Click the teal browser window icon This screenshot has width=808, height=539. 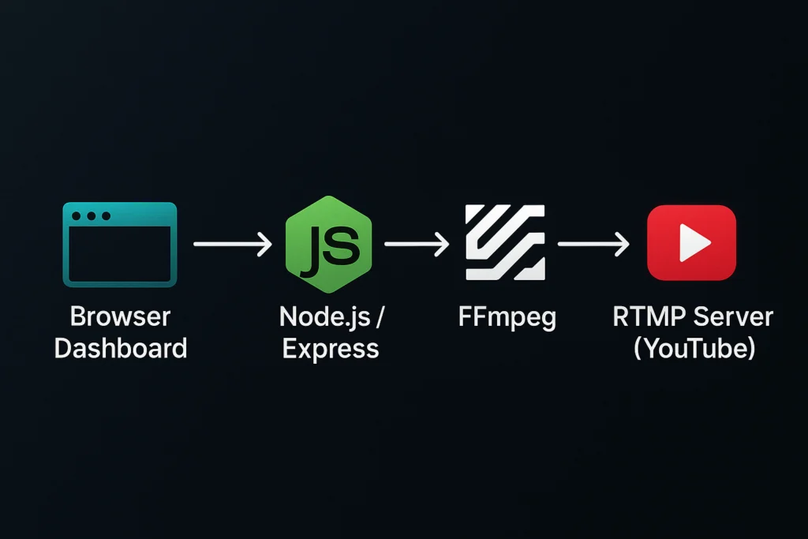pos(119,244)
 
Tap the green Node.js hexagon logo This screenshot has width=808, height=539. pos(330,243)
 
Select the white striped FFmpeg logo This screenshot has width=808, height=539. pos(505,242)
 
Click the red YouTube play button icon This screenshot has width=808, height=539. pos(691,242)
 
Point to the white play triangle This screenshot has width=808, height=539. pos(694,242)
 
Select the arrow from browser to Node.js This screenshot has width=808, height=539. pos(232,245)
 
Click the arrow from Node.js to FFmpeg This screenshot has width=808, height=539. pos(416,245)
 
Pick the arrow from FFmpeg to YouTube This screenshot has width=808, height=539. pos(593,245)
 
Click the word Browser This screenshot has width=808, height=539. pos(120,317)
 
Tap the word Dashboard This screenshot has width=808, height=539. pos(120,348)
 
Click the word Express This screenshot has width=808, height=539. pos(330,348)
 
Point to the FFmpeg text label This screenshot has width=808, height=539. pos(507,317)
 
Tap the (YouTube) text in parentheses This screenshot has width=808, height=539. pos(694,348)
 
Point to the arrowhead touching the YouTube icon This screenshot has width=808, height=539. pos(623,245)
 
